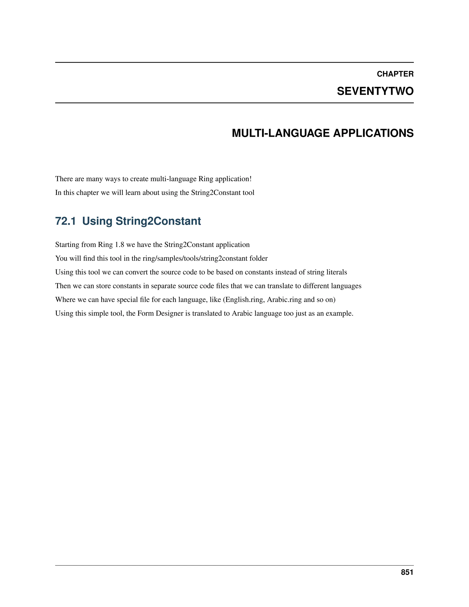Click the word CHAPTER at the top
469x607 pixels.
tap(395, 74)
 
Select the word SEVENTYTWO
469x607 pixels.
tap(375, 91)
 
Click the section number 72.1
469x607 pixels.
tap(65, 221)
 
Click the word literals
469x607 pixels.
tap(336, 272)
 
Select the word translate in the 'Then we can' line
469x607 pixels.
tap(280, 286)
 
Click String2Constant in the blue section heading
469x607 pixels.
tap(158, 221)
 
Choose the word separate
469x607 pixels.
tap(163, 286)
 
